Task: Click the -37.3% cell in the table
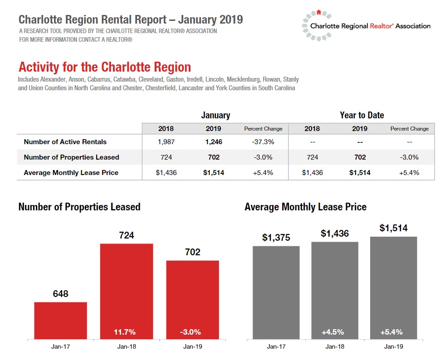click(263, 142)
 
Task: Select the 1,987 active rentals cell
click(166, 142)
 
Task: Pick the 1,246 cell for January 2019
click(213, 142)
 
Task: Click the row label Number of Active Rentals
click(65, 142)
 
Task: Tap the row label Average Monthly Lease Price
click(71, 173)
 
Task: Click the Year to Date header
click(362, 115)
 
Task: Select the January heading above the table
click(215, 115)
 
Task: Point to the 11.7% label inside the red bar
click(125, 332)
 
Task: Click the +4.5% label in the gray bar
click(333, 332)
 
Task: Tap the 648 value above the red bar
click(60, 294)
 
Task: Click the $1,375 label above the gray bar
click(276, 238)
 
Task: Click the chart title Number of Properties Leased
click(79, 207)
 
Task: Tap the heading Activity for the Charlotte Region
click(105, 68)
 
